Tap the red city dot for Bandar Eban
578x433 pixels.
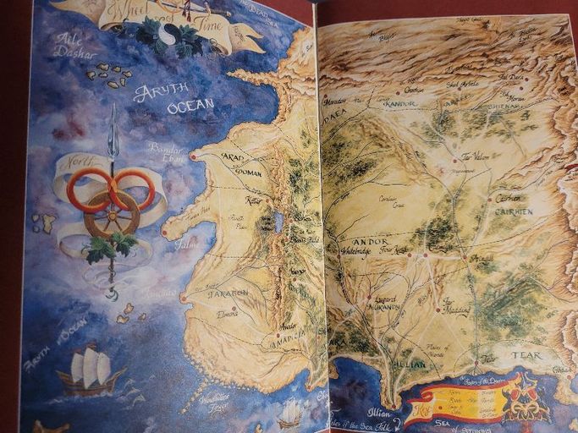click(192, 156)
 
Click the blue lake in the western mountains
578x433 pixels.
click(278, 222)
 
